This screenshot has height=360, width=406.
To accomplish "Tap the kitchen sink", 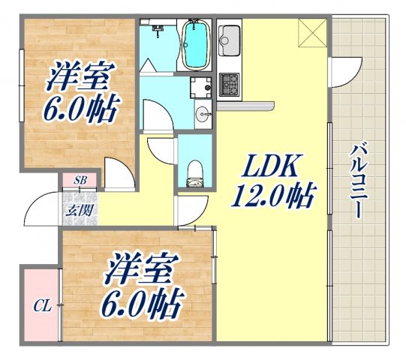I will click(230, 37).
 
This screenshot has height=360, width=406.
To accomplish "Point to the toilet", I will click(194, 170).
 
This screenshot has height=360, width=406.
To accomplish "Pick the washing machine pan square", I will click(200, 88).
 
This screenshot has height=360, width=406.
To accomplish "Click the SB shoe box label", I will click(79, 181).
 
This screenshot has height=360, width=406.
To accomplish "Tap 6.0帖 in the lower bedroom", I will click(142, 303).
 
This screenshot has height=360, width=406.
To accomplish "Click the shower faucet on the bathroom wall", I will click(158, 29).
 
